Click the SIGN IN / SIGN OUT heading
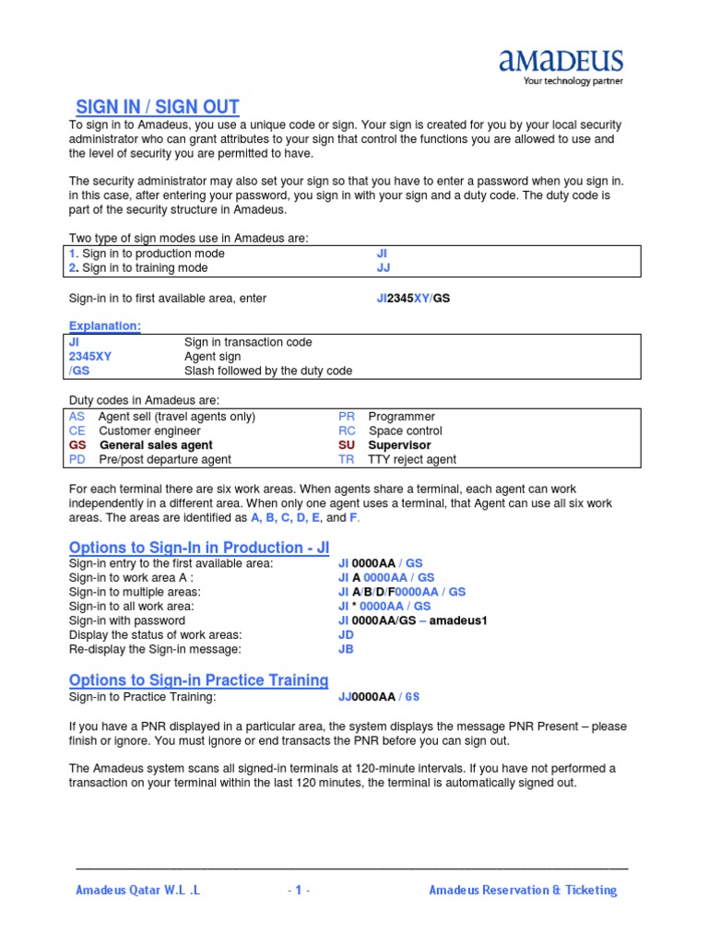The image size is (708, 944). (x=157, y=107)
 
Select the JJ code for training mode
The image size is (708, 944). (x=383, y=268)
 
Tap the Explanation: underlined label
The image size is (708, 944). (x=105, y=325)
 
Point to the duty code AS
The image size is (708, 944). (x=77, y=417)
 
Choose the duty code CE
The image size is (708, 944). (x=77, y=431)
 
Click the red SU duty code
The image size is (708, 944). (x=347, y=445)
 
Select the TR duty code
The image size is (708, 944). (x=346, y=459)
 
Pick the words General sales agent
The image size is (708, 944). (x=155, y=445)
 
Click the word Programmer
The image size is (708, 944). (x=401, y=417)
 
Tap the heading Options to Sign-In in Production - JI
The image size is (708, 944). (x=199, y=547)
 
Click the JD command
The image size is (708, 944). (x=346, y=635)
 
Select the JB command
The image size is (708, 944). (x=346, y=649)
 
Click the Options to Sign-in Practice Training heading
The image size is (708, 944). (x=199, y=680)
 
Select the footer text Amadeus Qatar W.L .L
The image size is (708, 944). (x=137, y=891)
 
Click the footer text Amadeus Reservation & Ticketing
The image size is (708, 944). (x=523, y=891)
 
